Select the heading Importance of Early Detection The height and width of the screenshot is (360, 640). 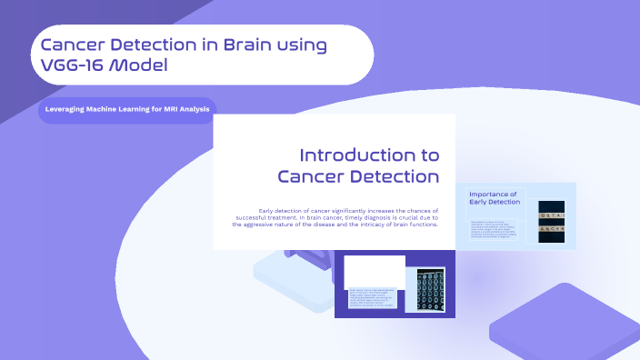pos(495,197)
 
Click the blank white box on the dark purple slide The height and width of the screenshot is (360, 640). pos(375,269)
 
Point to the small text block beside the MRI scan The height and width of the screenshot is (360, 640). pos(375,299)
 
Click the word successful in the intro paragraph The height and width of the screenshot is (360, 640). pos(257,217)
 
